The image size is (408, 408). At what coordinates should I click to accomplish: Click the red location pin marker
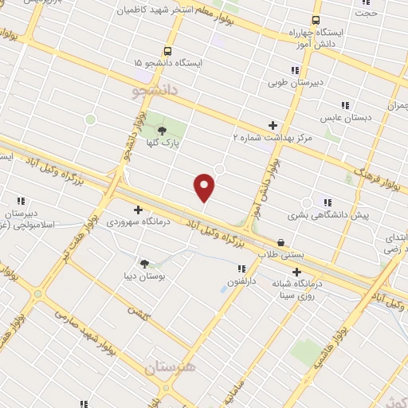[x=205, y=186]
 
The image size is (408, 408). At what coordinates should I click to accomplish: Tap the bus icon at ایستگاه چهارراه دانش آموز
[x=316, y=21]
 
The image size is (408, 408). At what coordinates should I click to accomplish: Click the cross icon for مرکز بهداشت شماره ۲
[x=273, y=125]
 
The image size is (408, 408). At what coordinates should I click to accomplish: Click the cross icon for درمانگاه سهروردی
[x=139, y=210]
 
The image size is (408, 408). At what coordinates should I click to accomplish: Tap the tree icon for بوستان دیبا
[x=144, y=263]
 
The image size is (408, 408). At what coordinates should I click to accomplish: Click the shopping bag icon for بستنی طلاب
[x=280, y=242]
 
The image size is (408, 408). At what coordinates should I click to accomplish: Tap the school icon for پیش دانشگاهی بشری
[x=327, y=202]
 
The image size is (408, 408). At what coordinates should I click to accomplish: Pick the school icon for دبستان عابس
[x=344, y=105]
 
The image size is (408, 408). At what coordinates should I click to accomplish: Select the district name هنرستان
[x=170, y=369]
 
